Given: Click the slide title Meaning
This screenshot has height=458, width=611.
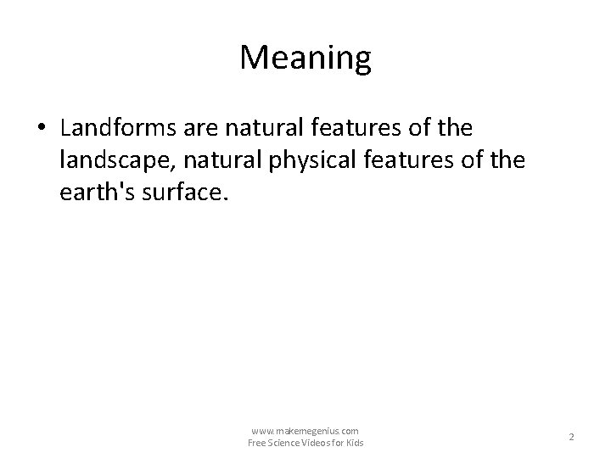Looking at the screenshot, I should (305, 58).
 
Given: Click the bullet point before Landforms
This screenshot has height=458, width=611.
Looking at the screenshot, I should (42, 128).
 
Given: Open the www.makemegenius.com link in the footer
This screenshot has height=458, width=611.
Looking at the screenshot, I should (305, 431).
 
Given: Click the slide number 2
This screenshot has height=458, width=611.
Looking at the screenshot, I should (571, 437).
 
